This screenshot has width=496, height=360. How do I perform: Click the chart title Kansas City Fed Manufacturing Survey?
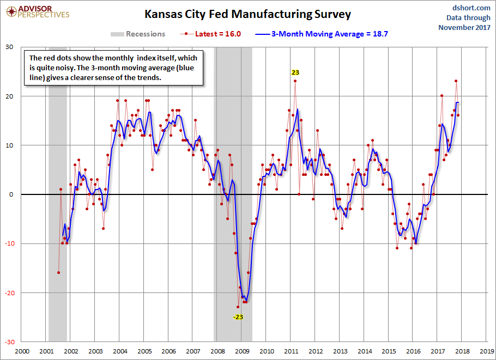(x=247, y=14)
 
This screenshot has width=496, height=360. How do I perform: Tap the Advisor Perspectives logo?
(x=37, y=11)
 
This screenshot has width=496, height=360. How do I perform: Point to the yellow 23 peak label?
(x=295, y=72)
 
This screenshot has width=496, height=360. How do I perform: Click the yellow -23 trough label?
(x=238, y=317)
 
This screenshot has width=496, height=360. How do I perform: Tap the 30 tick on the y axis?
(x=10, y=47)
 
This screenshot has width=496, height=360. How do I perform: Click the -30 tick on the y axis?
(x=9, y=342)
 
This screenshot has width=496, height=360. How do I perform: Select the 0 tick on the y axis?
(x=11, y=194)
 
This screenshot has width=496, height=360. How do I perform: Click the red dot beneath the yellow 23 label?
(x=295, y=81)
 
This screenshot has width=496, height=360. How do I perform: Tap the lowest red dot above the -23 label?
(x=238, y=307)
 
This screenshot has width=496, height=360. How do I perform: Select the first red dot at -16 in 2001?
(x=58, y=272)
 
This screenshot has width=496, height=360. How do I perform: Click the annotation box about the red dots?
(x=114, y=68)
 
